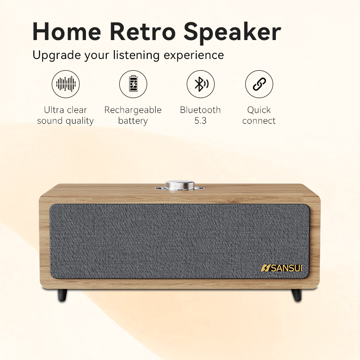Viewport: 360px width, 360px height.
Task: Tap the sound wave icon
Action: [x=66, y=84]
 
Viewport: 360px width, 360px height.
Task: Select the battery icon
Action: [x=133, y=84]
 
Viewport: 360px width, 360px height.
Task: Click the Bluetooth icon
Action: [x=201, y=84]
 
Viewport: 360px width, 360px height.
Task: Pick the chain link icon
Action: [x=259, y=84]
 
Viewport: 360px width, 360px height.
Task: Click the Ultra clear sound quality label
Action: [x=66, y=115]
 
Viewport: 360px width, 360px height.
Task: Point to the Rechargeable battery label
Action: [x=133, y=115]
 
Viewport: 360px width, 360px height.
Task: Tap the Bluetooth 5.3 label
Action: [x=201, y=115]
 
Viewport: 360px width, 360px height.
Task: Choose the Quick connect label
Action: [x=259, y=115]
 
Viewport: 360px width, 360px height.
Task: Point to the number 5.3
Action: [x=201, y=121]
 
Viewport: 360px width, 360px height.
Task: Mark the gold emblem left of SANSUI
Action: [x=265, y=268]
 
